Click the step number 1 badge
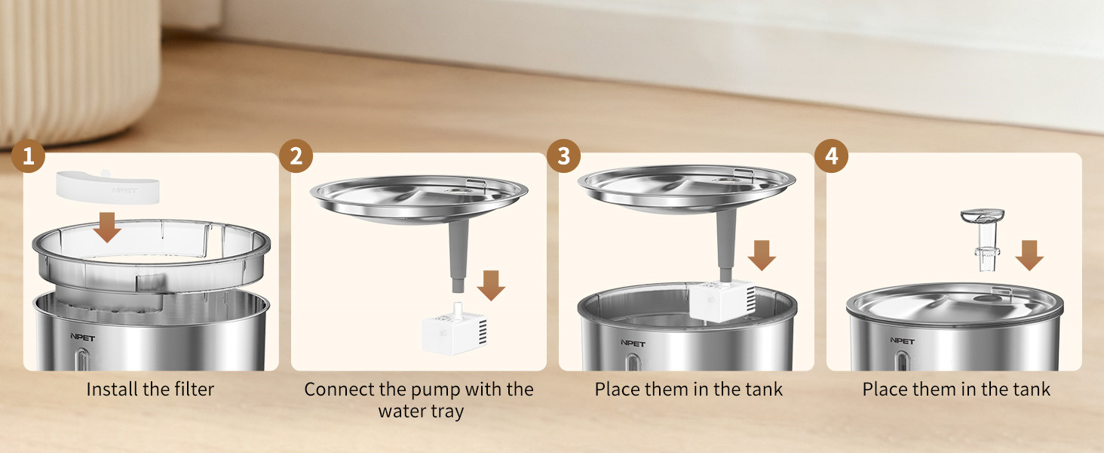click(29, 157)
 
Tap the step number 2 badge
click(296, 157)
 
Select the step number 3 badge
click(564, 157)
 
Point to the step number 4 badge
click(832, 157)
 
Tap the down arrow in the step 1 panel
click(108, 227)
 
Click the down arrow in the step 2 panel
click(492, 285)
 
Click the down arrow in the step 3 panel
click(762, 255)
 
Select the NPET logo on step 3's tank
click(633, 343)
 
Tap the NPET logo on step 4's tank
click(901, 341)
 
